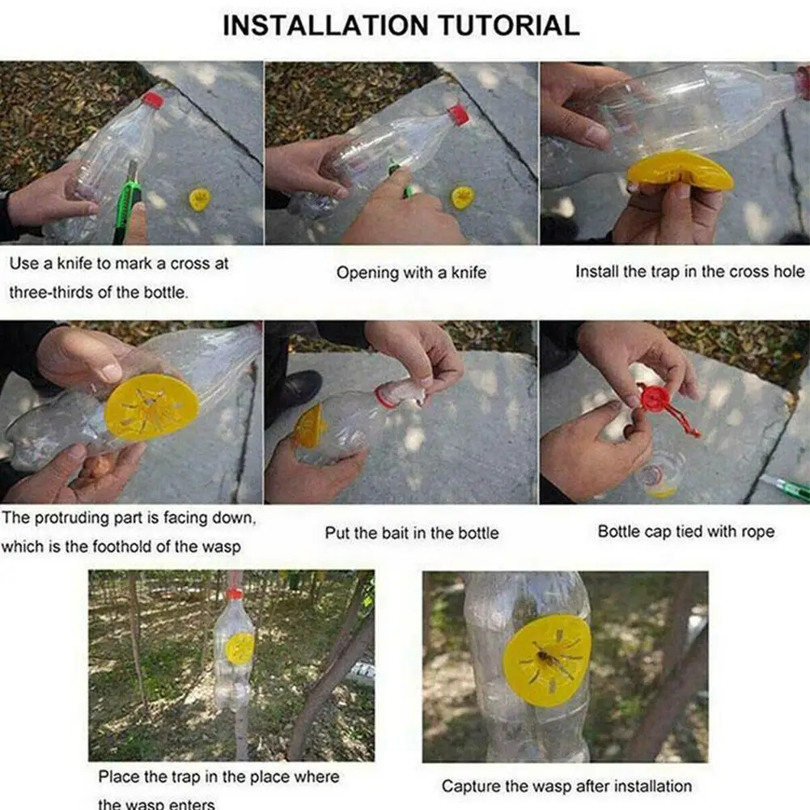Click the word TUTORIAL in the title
pyautogui.click(x=509, y=25)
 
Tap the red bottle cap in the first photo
pyautogui.click(x=154, y=100)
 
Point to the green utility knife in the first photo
pyautogui.click(x=125, y=202)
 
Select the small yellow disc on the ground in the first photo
pyautogui.click(x=199, y=199)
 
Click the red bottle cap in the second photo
pyautogui.click(x=459, y=115)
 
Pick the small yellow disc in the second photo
pyautogui.click(x=462, y=197)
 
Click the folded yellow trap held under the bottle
pyautogui.click(x=679, y=171)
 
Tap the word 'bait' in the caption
pyautogui.click(x=395, y=532)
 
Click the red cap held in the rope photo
pyautogui.click(x=655, y=399)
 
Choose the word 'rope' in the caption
pyautogui.click(x=757, y=532)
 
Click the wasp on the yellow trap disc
pyautogui.click(x=545, y=658)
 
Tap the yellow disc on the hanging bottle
pyautogui.click(x=240, y=649)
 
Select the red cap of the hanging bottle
pyautogui.click(x=235, y=594)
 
